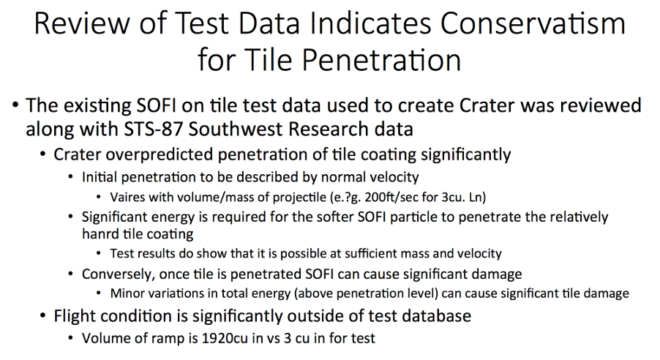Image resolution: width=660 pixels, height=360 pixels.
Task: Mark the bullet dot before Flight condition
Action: pyautogui.click(x=42, y=317)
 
